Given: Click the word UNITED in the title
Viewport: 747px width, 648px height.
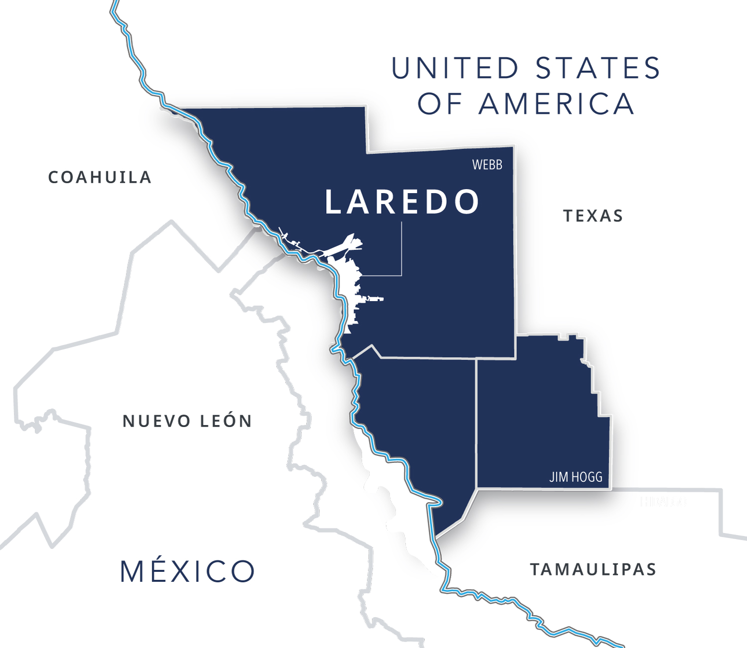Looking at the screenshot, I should coord(455,68).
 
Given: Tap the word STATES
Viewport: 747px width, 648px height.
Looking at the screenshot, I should coord(598,68).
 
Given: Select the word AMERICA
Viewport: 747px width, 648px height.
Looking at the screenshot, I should coord(556,104).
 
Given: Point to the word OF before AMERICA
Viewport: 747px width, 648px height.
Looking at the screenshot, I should coord(440,104).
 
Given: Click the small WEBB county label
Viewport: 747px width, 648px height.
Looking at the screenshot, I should coord(487,165).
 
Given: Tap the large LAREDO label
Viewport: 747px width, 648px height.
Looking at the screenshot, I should coord(401,202).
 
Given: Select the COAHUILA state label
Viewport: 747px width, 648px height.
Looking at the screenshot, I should coord(100,177).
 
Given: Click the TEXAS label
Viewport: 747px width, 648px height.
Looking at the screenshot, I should coord(593,216).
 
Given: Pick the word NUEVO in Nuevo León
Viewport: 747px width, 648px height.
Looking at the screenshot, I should coord(157,421).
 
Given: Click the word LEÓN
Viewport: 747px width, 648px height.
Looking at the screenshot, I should coord(226,421).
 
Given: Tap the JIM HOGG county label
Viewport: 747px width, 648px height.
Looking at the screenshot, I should coord(576,477).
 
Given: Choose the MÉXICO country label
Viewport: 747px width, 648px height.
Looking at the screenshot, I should coord(187,571).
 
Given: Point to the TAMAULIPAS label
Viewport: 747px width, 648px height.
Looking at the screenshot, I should coord(593,569).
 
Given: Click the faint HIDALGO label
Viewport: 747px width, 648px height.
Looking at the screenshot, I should coord(663,502).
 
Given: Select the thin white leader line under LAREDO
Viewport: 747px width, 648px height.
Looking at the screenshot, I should coord(401,249).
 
